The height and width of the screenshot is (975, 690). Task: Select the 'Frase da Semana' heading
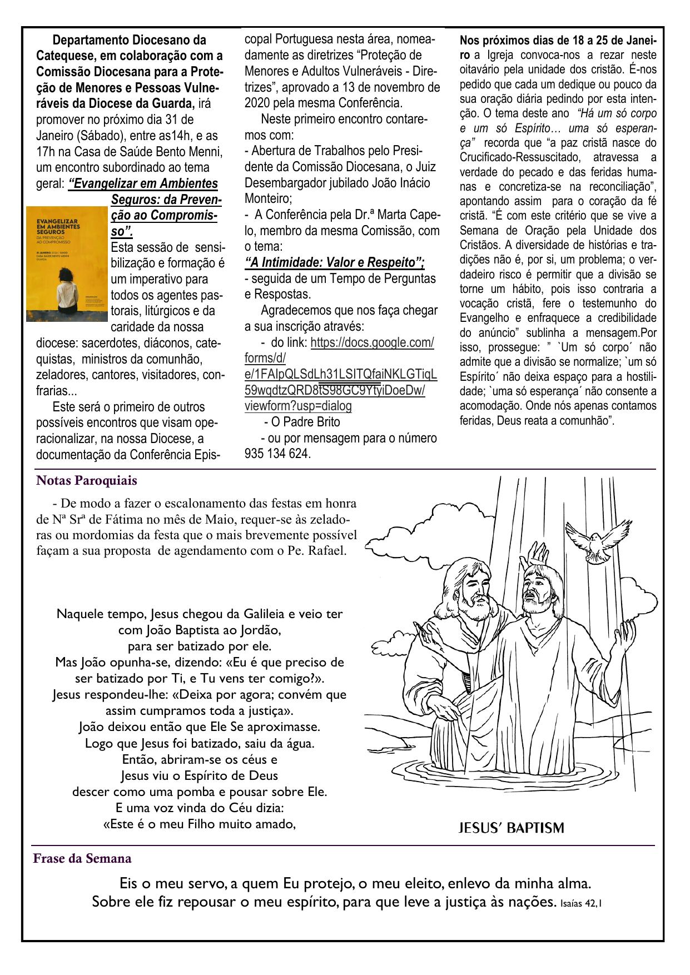pyautogui.click(x=82, y=859)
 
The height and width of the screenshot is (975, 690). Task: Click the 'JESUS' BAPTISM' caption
pyautogui.click(x=510, y=828)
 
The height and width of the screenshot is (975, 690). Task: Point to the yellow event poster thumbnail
pyautogui.click(x=66, y=263)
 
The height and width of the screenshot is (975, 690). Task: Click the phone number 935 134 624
pyautogui.click(x=277, y=454)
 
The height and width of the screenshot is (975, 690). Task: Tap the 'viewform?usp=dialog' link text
pyautogui.click(x=298, y=406)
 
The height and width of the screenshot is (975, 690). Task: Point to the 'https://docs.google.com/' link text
pyautogui.click(x=372, y=342)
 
